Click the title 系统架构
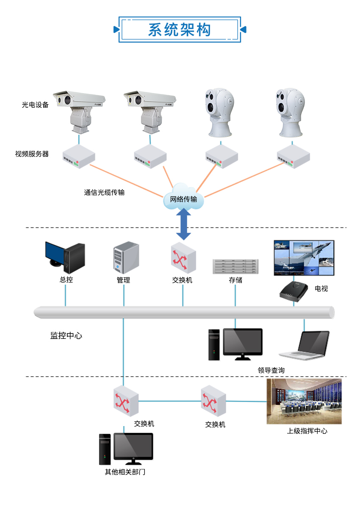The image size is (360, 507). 180,30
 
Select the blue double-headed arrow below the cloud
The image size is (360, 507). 183,224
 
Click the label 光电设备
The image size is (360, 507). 35,105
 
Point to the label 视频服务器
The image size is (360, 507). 32,154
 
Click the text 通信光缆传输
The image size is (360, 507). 104,192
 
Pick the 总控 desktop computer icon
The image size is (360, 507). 65,257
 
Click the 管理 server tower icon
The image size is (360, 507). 126,257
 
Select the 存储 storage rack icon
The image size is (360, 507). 235,266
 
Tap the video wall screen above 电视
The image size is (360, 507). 304,258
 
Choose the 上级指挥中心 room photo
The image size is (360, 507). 304,401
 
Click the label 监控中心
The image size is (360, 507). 66,336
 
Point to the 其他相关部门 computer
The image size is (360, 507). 126,449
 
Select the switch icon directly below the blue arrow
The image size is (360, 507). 183,258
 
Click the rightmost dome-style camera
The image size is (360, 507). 290,112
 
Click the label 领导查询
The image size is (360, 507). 271,370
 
